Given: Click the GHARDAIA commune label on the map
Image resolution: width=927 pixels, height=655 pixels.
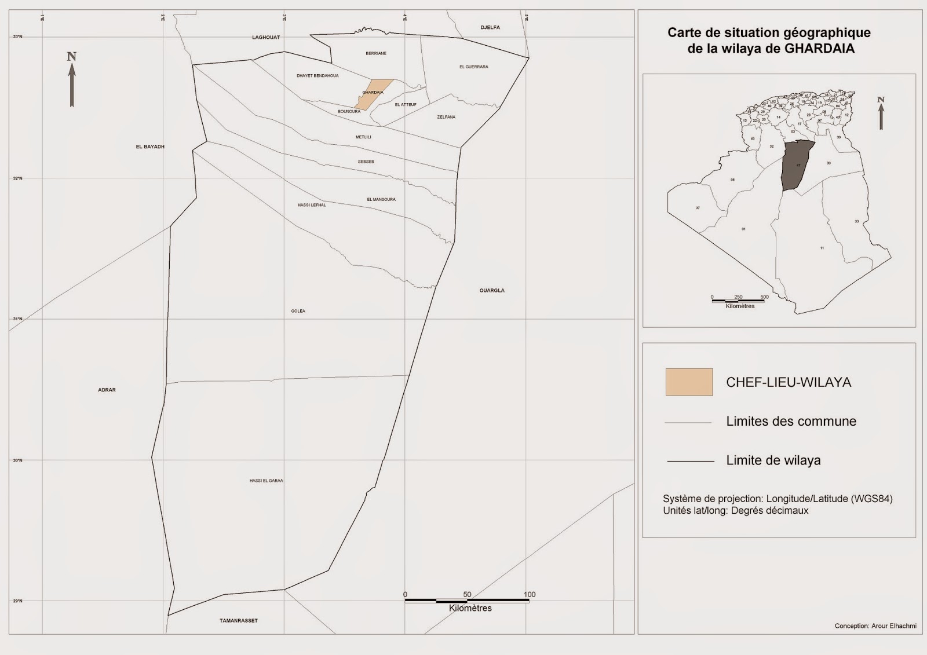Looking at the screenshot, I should [373, 93].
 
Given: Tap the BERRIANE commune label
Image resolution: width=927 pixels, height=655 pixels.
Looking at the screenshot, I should [376, 53].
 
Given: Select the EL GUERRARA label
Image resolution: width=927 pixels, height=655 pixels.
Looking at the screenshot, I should [474, 67].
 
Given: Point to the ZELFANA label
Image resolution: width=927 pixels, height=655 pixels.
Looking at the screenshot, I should [446, 117].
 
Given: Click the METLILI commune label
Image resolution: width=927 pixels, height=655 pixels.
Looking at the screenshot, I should [363, 137].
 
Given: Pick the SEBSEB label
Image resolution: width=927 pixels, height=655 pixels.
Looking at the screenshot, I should [366, 162].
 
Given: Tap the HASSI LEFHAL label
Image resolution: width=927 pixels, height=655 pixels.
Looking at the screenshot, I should [312, 205].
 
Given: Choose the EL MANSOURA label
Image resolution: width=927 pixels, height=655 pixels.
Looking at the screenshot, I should [381, 199].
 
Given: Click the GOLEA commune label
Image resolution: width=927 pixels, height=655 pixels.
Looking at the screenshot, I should [298, 311].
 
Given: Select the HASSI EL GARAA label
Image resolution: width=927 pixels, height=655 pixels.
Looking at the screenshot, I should [267, 481].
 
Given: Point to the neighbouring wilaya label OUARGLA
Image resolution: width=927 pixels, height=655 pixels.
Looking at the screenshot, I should [492, 290].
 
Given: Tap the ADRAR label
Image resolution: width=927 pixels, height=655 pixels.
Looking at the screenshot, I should [107, 390].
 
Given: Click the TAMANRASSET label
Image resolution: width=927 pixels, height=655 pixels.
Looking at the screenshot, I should [239, 621].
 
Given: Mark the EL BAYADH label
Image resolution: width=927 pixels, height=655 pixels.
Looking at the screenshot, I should [150, 147].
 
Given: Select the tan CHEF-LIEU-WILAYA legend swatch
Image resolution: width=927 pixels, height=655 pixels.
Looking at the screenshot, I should [689, 382].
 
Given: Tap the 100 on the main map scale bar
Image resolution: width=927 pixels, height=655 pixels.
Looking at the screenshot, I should [530, 594].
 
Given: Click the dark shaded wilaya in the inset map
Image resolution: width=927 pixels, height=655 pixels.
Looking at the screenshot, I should [797, 166].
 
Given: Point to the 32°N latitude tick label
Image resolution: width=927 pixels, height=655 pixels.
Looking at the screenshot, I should [18, 178].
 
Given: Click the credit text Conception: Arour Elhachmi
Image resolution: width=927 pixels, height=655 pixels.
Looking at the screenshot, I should [875, 626].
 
